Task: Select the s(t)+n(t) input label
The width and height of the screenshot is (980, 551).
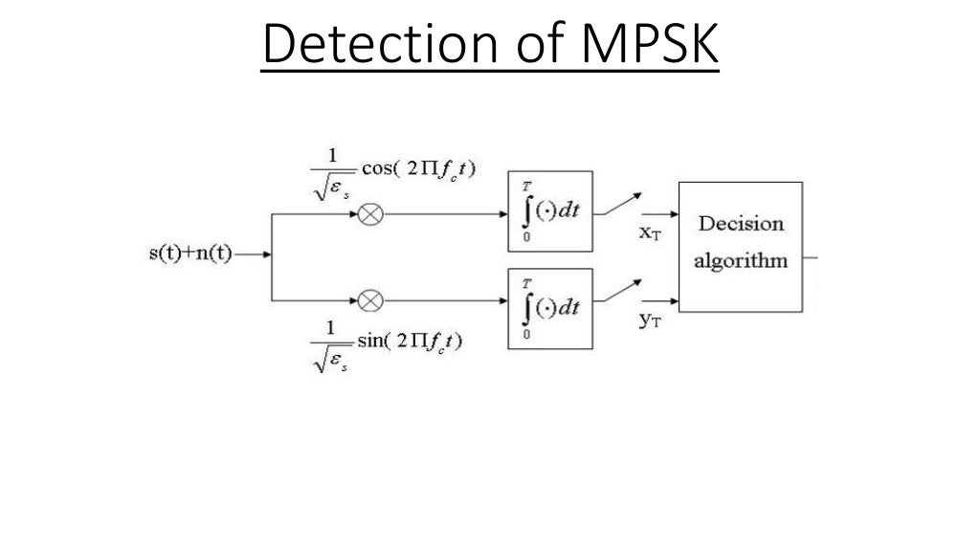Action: point(190,255)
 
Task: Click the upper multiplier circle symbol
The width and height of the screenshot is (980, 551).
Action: point(370,214)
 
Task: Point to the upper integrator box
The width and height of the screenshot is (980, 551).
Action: point(550,211)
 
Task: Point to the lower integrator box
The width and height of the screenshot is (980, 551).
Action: point(550,308)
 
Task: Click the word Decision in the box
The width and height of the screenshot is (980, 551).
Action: point(741,224)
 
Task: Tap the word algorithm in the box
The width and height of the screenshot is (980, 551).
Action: point(742,260)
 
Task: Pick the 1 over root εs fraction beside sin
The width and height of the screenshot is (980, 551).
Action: point(331,344)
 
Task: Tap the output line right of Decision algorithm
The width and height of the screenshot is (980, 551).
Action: point(812,256)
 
